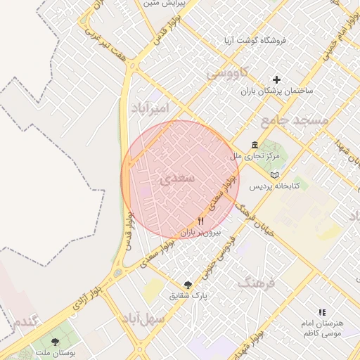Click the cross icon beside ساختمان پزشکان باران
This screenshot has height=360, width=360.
click(x=277, y=80)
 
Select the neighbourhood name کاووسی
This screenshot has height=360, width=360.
click(x=227, y=72)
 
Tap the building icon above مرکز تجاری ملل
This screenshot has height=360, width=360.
click(x=255, y=145)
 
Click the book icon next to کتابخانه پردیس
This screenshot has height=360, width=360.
click(x=274, y=174)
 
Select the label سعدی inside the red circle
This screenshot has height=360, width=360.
click(x=175, y=180)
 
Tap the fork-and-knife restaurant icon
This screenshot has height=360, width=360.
click(x=201, y=221)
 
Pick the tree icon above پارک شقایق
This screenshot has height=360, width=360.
click(x=187, y=285)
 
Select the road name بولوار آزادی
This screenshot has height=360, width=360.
click(x=87, y=297)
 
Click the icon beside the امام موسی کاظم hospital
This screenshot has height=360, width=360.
click(x=322, y=311)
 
